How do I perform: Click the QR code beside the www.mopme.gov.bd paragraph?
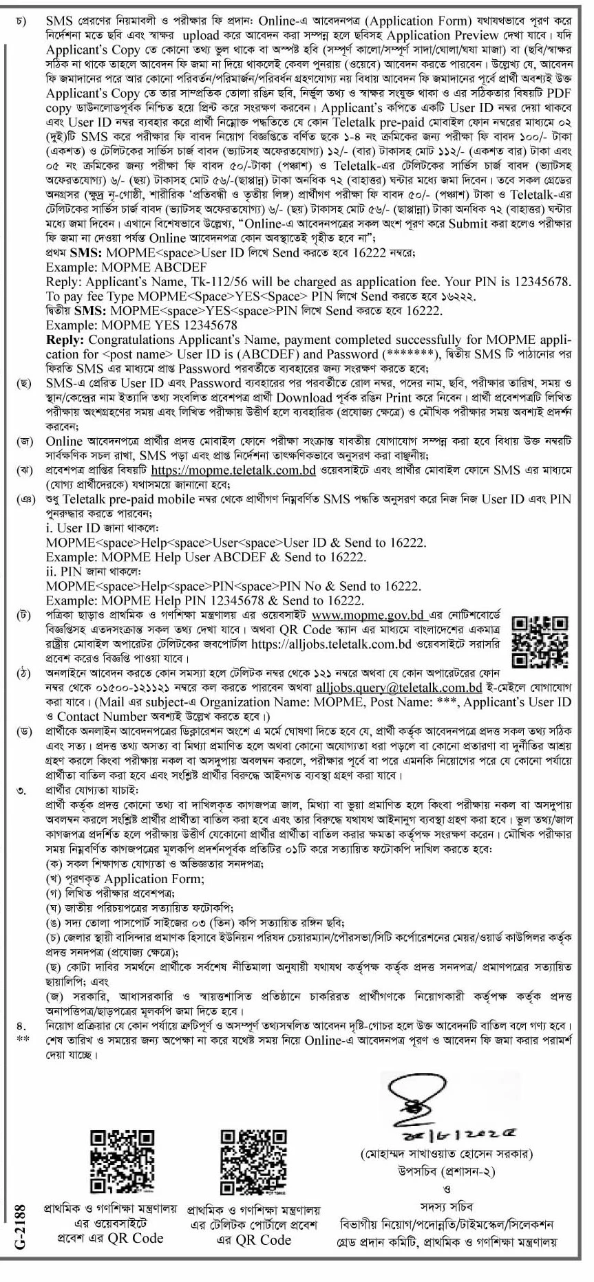click(x=540, y=640)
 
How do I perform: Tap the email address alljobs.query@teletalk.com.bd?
click(x=408, y=687)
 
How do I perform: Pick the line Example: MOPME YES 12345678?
click(x=142, y=324)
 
